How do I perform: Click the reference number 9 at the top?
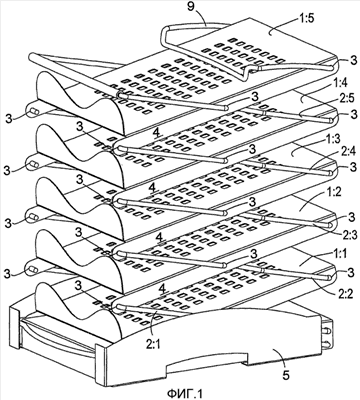pos(191,7)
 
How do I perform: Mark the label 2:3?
pos(345,234)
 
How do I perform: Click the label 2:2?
pos(345,293)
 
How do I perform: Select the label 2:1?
pos(152,344)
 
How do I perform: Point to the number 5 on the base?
pos(286,375)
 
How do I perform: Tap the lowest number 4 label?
pos(163,288)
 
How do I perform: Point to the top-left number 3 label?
pos(9,118)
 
